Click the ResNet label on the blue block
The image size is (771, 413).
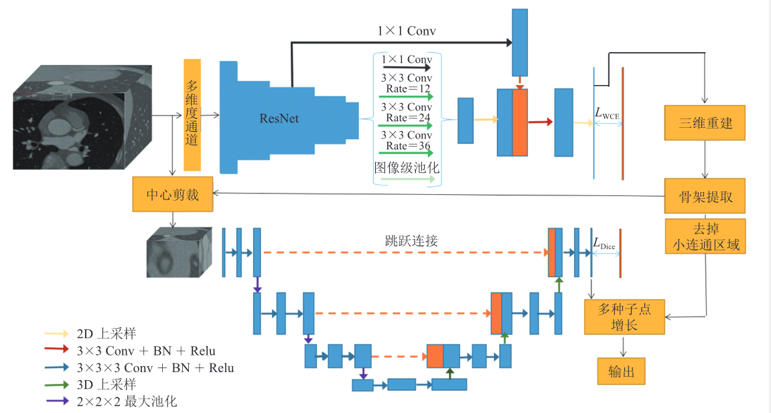click(279, 118)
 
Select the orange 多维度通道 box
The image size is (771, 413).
click(192, 114)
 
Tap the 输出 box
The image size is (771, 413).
click(621, 371)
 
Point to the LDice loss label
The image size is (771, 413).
click(604, 245)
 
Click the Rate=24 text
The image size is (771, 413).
click(407, 118)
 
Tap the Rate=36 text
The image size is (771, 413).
click(407, 146)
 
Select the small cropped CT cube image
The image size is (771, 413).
click(180, 252)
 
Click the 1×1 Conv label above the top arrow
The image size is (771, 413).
click(407, 31)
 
